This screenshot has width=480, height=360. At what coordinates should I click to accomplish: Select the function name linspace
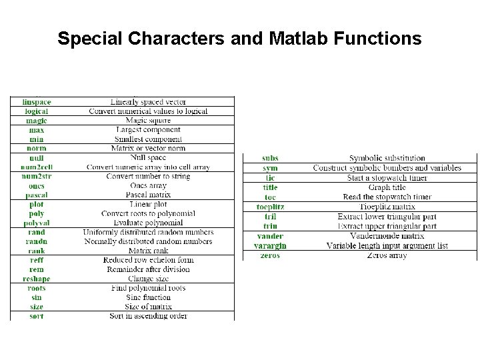(x=37, y=102)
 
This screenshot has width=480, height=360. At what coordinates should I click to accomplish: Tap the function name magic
(x=37, y=121)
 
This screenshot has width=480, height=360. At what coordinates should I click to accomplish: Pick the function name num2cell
(x=37, y=167)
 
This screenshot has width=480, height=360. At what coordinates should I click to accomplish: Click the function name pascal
(x=37, y=195)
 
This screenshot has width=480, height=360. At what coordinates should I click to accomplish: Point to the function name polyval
(x=37, y=223)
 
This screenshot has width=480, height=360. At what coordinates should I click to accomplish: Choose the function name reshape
(x=37, y=279)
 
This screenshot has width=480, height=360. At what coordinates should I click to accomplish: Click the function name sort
(x=37, y=316)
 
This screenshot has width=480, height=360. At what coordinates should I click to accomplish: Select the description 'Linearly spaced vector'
(x=149, y=102)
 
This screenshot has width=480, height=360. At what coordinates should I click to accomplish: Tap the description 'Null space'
(x=149, y=157)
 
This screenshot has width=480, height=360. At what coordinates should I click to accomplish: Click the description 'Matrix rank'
(x=149, y=251)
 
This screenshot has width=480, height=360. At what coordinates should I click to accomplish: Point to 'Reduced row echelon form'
(x=149, y=260)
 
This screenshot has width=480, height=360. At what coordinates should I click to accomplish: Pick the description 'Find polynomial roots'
(x=149, y=288)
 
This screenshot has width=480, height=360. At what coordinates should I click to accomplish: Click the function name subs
(x=270, y=159)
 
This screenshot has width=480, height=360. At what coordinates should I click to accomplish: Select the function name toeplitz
(x=270, y=207)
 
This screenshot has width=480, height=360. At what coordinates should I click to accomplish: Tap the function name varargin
(x=270, y=246)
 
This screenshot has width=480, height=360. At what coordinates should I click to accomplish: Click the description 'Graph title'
(x=387, y=188)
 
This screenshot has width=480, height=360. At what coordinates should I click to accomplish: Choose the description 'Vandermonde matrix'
(x=387, y=236)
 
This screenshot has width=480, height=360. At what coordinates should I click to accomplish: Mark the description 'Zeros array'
(x=387, y=256)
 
